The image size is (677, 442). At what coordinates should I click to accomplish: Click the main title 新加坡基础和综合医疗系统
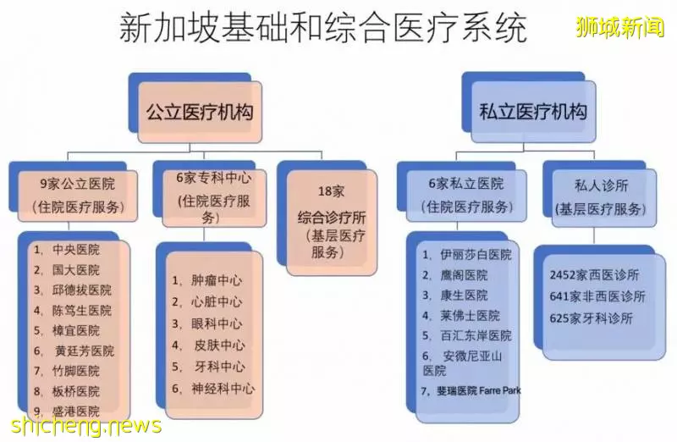coord(323,28)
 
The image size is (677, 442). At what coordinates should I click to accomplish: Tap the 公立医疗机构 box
coord(200,112)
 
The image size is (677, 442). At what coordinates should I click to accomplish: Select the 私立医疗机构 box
coord(534,112)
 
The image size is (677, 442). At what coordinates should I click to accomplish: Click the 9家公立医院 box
coord(78,196)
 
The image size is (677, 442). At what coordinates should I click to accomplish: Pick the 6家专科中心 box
coord(214,198)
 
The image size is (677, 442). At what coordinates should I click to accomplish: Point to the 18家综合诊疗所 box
coord(332,223)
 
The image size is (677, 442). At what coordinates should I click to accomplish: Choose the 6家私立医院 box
coord(466,196)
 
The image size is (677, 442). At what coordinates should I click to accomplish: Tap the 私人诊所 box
coord(604,198)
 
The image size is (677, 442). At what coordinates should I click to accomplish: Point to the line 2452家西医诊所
coord(594,275)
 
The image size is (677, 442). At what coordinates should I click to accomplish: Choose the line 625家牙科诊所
coord(591,318)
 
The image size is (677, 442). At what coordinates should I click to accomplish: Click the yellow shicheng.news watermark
coord(86,425)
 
